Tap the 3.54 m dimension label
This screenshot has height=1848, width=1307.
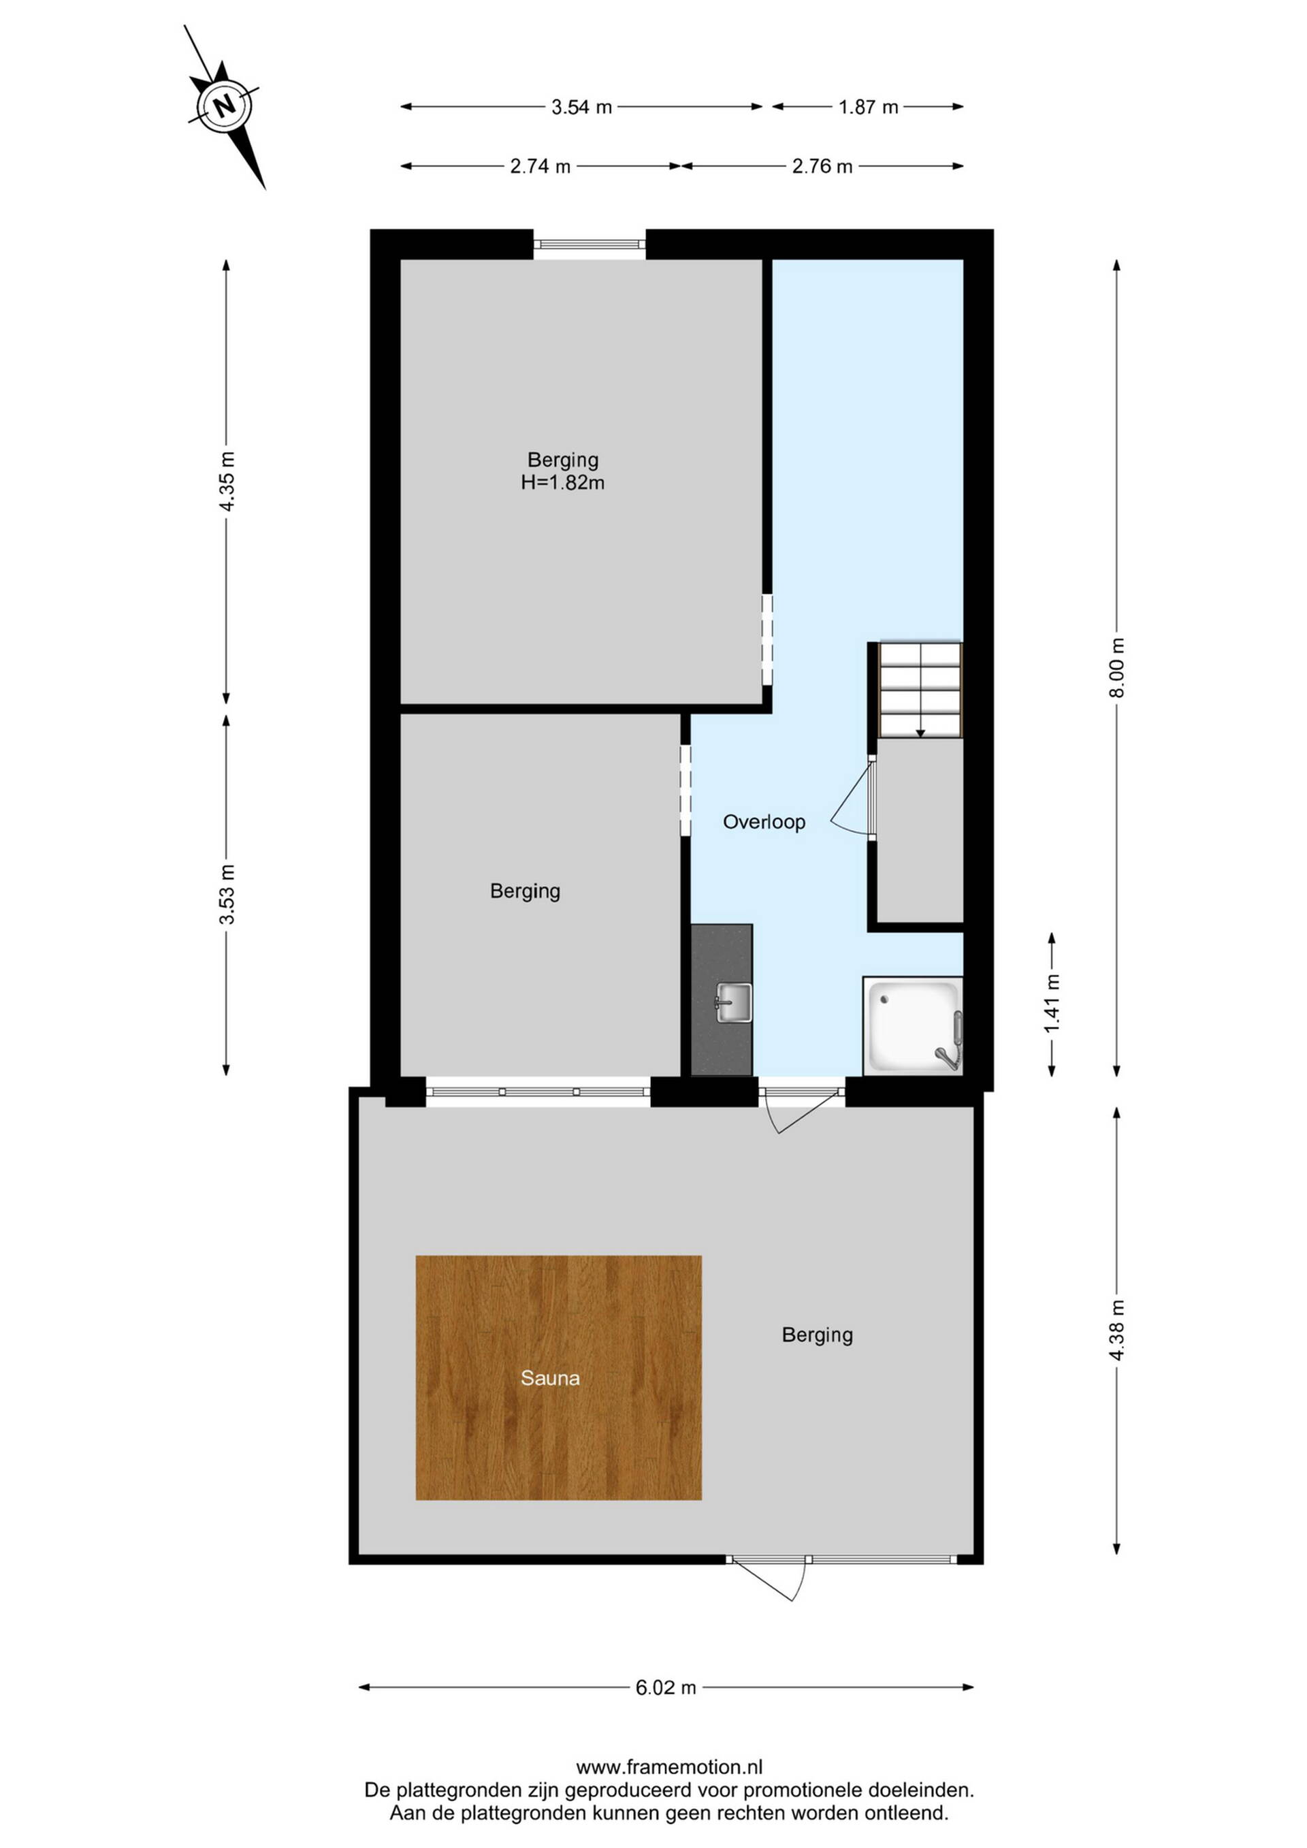click(581, 107)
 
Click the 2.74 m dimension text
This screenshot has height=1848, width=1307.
click(540, 167)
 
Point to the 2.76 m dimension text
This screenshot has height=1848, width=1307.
click(822, 167)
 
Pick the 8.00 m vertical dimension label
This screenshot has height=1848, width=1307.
click(1116, 668)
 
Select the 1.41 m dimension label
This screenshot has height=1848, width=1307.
click(1052, 1004)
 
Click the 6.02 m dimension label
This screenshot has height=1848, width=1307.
click(666, 1688)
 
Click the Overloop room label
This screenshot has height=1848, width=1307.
click(764, 822)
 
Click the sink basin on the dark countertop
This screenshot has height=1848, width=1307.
click(733, 1003)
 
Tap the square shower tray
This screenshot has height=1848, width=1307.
click(913, 1025)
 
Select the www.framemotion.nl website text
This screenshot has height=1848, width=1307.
click(668, 1768)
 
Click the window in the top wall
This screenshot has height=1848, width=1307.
click(589, 244)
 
